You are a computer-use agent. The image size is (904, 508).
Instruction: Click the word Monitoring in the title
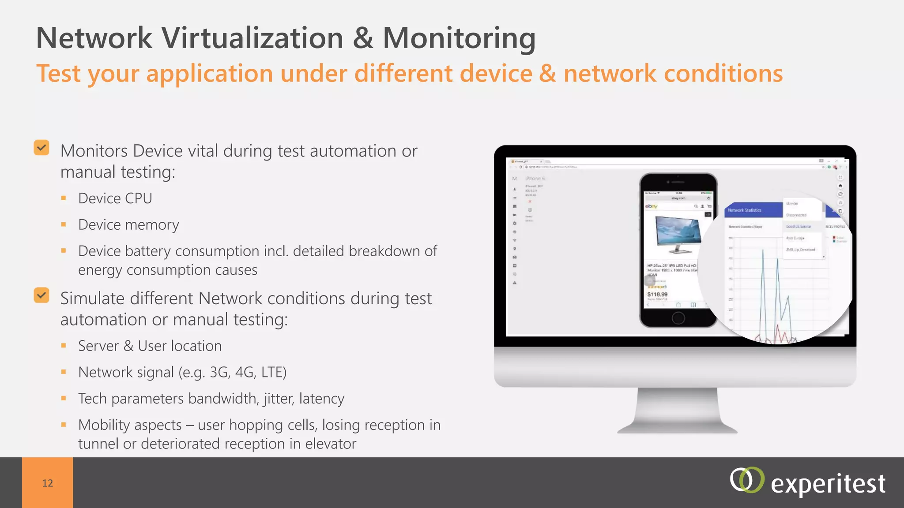click(459, 38)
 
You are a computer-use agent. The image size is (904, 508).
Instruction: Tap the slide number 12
click(48, 483)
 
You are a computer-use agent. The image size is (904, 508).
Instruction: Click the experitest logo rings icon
click(746, 480)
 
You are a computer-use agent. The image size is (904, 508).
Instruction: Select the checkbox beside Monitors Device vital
click(41, 148)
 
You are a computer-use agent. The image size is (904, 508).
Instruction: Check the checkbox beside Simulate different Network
click(41, 295)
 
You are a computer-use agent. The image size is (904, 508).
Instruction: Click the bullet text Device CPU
click(115, 198)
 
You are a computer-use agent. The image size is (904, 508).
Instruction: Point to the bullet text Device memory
click(128, 225)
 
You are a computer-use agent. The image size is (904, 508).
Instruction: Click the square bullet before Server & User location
click(64, 346)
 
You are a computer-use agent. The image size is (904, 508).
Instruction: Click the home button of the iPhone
click(678, 317)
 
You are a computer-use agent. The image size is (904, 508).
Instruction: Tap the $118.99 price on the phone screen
click(657, 294)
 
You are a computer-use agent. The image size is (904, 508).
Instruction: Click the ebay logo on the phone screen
click(651, 206)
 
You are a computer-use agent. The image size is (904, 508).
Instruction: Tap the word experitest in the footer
click(828, 484)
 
